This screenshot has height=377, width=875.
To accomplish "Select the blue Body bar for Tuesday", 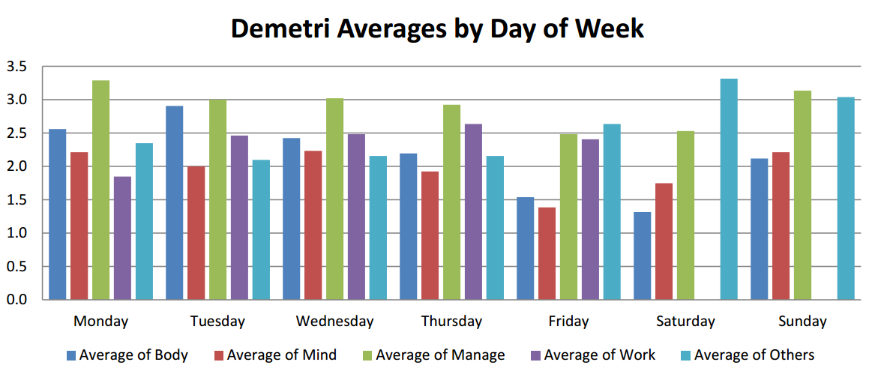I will tap(174, 203).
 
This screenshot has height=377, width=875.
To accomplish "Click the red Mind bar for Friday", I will tap(547, 254).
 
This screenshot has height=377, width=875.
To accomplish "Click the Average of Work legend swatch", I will tap(535, 355).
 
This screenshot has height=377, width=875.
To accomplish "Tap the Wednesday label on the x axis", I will tap(334, 322).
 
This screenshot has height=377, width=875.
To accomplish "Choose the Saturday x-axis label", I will tap(685, 322).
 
